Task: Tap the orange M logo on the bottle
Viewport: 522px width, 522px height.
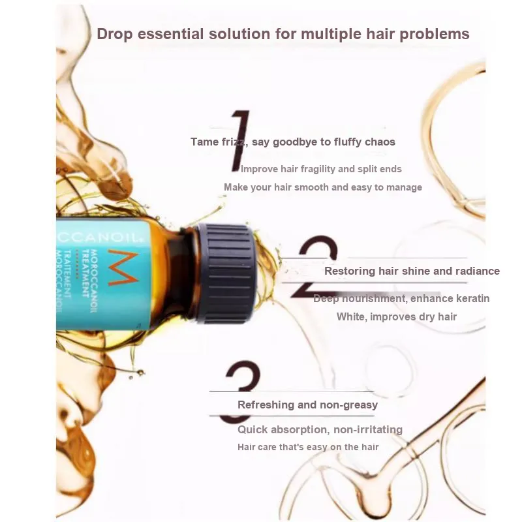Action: [123, 268]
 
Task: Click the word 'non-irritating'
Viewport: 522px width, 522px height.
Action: [368, 429]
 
